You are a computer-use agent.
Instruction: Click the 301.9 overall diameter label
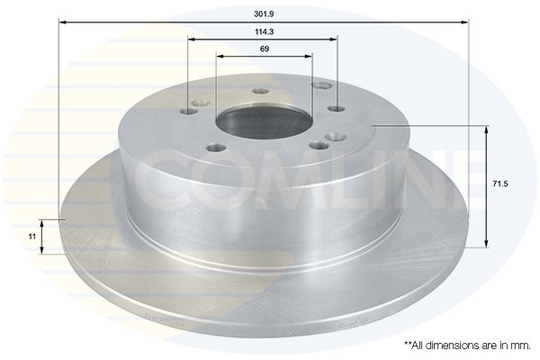point(264,14)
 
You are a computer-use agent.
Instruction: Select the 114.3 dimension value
point(264,32)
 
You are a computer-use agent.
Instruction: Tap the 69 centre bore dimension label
point(264,49)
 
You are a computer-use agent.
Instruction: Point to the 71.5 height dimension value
point(500,184)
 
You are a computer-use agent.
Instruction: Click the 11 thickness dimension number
point(32,237)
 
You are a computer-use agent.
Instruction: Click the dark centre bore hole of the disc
point(264,121)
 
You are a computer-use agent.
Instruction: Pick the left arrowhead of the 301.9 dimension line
point(62,22)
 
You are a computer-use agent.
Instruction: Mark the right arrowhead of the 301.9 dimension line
point(465,22)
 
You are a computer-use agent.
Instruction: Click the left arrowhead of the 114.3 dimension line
point(192,40)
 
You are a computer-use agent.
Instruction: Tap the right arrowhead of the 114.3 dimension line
point(333,40)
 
